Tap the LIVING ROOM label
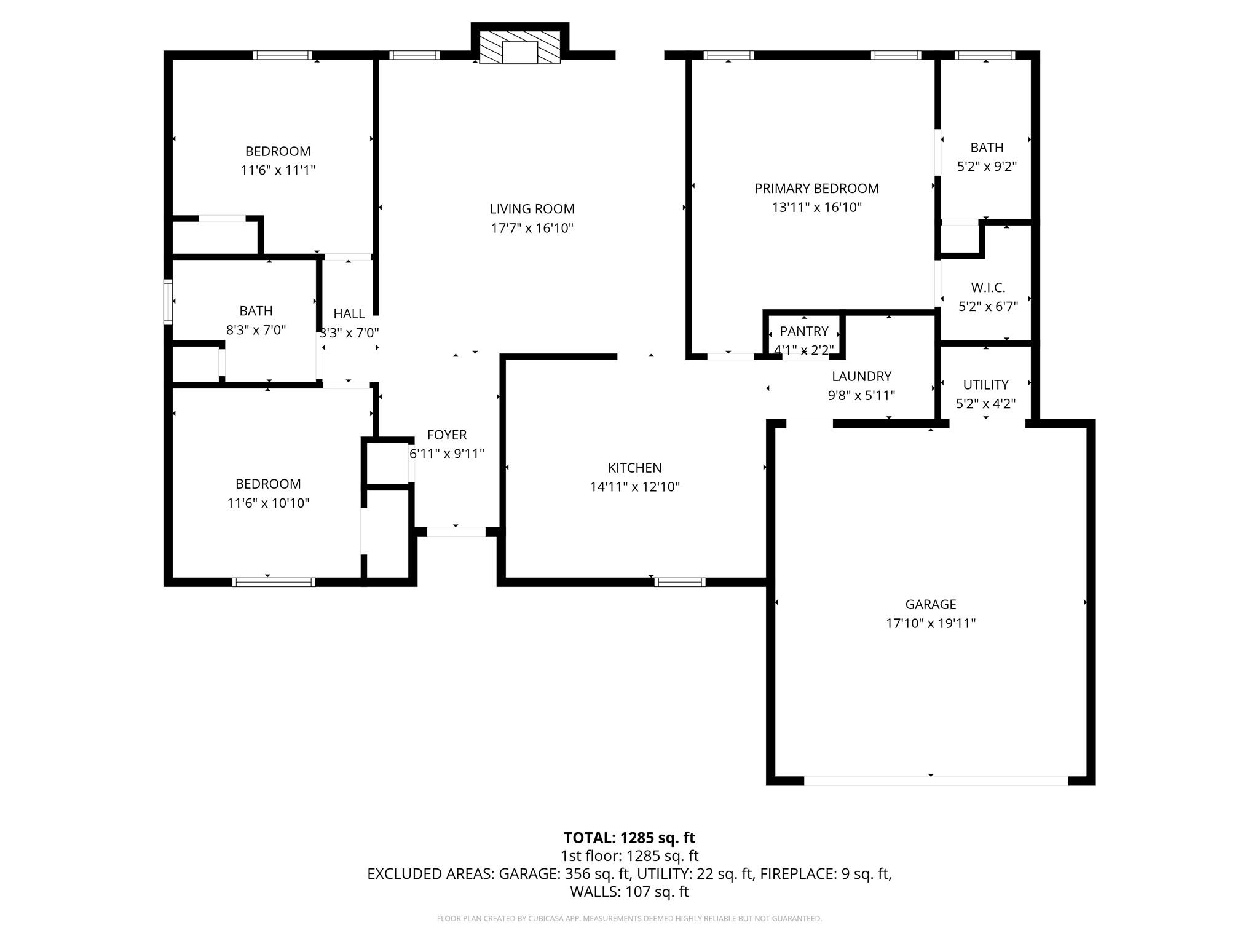click(x=532, y=209)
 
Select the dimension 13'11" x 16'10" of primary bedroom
click(x=816, y=208)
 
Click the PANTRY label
click(x=803, y=332)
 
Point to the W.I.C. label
click(x=988, y=288)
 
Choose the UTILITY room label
click(x=985, y=385)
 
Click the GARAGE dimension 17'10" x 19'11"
click(x=930, y=624)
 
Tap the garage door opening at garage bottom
click(x=936, y=781)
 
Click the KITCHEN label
click(x=634, y=468)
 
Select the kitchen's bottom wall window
click(x=679, y=582)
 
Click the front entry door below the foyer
click(x=456, y=532)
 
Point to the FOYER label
click(x=447, y=435)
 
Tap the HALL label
click(x=349, y=314)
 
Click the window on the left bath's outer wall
click(x=168, y=302)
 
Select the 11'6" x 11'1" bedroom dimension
click(x=278, y=170)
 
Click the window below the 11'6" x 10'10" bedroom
click(x=274, y=582)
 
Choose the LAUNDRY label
click(x=861, y=376)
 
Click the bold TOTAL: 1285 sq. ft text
click(x=629, y=838)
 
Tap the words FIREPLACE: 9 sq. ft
click(x=825, y=874)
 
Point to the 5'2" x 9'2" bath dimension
click(x=987, y=167)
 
